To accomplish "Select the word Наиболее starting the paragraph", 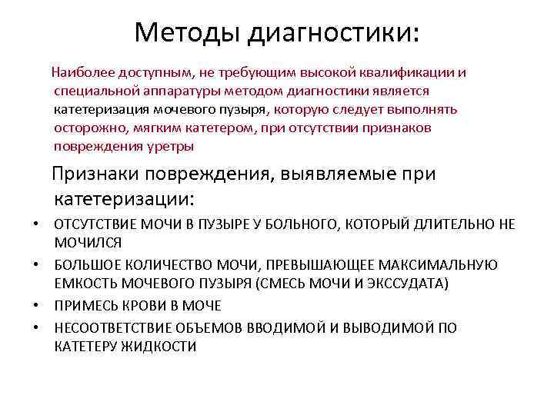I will point(82,72).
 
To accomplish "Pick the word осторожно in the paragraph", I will point(85,128).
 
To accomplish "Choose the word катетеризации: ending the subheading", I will point(125,200).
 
